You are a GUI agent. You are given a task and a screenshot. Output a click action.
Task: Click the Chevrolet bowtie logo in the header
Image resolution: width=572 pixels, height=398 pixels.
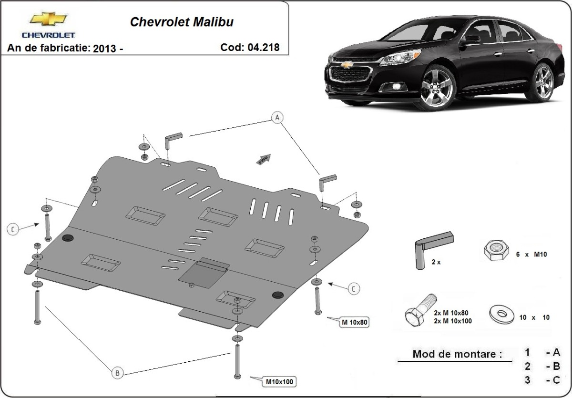pos(48,20)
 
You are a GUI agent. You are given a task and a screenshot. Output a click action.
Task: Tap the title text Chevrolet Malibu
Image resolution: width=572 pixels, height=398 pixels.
pos(182,22)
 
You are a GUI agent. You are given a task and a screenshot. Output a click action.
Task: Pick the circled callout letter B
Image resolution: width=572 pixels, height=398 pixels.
pos(117,373)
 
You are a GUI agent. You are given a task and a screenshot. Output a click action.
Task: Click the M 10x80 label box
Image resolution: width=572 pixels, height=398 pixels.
pos(355,323)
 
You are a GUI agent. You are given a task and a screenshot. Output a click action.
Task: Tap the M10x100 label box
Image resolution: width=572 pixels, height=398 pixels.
pos(280,381)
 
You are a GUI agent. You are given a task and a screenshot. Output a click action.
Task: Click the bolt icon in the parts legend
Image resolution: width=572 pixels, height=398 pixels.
pos(419,310)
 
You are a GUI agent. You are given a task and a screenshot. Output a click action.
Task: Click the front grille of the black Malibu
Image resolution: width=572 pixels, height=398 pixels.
pos(350,76)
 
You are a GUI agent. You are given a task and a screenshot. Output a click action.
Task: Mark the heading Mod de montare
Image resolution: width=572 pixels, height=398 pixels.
pos(457,354)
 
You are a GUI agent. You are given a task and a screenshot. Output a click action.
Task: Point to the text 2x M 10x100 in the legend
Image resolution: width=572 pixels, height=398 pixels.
pos(453,321)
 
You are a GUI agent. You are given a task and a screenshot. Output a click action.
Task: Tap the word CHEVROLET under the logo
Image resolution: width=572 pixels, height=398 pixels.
pos(48,35)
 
